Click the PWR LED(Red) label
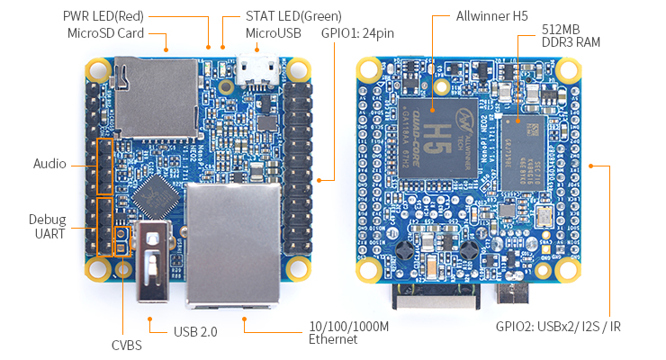[x=103, y=16]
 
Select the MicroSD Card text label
[x=105, y=33]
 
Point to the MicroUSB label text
[x=274, y=33]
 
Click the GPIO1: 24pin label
[x=359, y=33]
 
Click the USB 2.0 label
[x=195, y=331]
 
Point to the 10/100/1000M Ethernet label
[x=348, y=332]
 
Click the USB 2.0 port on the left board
[x=155, y=261]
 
